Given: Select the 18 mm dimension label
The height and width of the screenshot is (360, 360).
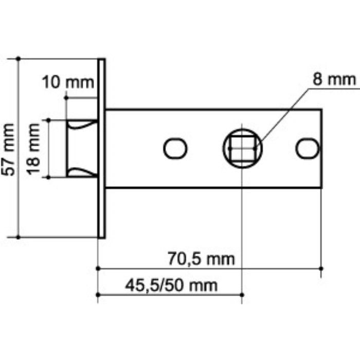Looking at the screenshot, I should tap(34, 149).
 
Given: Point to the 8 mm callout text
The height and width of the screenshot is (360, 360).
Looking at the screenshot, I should tap(333, 79).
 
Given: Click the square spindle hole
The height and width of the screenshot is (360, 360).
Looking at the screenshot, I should tap(242, 148).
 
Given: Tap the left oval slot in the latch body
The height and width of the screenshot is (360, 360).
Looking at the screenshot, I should tap(175, 148).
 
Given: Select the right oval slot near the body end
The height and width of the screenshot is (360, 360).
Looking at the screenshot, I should tap(307, 148).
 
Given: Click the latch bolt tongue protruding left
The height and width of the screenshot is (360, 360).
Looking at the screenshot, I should tap(81, 149).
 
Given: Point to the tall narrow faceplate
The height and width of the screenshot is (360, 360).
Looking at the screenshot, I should tap(102, 148).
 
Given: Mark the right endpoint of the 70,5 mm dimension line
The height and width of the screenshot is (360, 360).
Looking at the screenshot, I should tap(321, 268).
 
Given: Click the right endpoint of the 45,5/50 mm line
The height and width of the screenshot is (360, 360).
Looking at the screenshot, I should tap(242, 295).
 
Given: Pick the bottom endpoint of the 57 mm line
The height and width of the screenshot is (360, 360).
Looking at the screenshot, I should tap(19, 237).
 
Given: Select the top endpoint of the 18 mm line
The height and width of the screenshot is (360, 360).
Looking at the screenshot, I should tap(48, 120).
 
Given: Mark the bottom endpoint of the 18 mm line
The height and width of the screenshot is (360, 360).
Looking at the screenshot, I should tap(48, 177).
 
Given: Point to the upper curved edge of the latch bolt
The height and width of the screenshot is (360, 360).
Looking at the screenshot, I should tap(82, 124).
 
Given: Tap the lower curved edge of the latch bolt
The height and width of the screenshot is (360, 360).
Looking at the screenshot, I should tap(82, 172).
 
